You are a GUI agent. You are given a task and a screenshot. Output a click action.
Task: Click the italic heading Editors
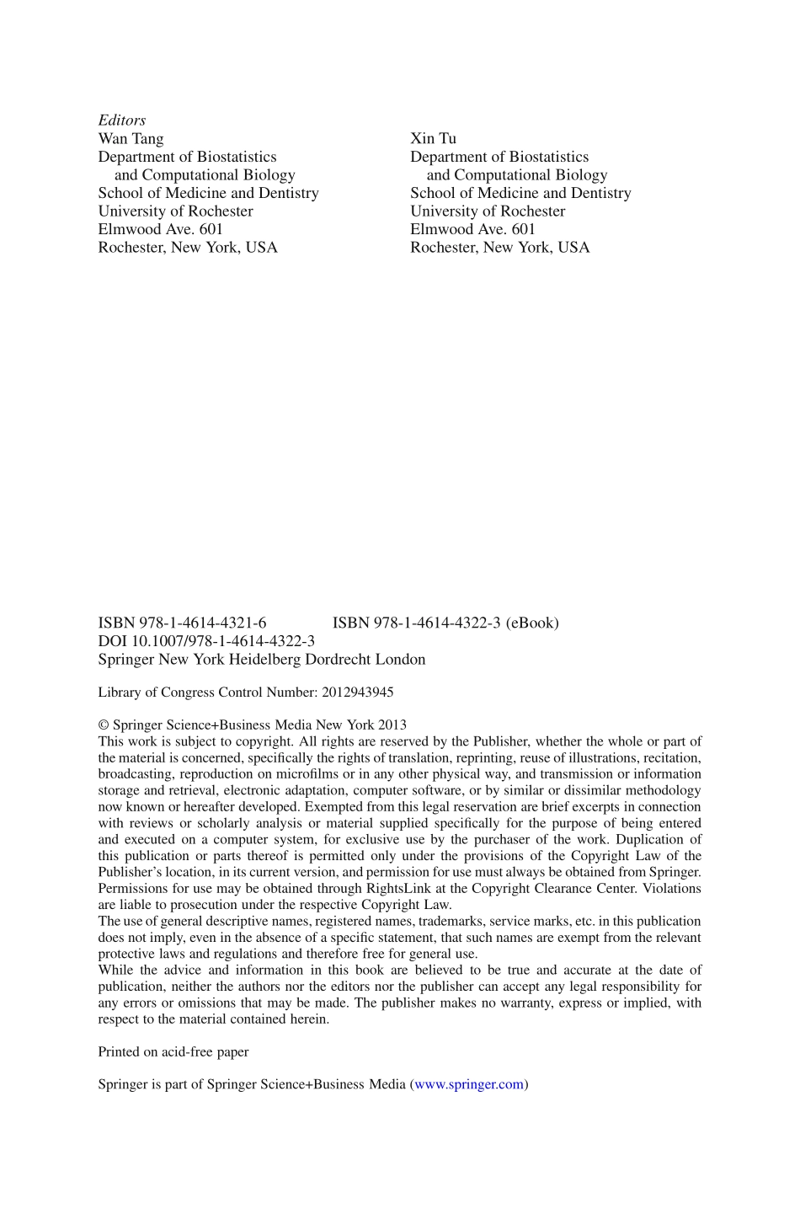122,120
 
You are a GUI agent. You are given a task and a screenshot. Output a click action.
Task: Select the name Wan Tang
131,139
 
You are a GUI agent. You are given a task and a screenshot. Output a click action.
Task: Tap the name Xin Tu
433,139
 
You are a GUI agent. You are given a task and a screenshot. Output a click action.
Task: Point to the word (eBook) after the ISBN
532,623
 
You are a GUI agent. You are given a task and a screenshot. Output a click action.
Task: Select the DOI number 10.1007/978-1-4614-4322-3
223,641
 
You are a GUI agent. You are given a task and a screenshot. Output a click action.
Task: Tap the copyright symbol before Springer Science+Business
104,725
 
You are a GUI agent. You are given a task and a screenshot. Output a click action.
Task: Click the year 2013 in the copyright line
392,725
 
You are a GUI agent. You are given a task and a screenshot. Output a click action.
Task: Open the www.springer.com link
469,1085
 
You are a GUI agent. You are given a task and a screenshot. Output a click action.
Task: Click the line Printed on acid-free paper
173,1052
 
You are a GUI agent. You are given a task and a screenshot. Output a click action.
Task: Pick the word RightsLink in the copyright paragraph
400,889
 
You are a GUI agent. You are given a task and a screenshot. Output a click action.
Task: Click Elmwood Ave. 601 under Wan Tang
160,229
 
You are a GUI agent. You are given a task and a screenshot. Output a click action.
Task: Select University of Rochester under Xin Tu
488,211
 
